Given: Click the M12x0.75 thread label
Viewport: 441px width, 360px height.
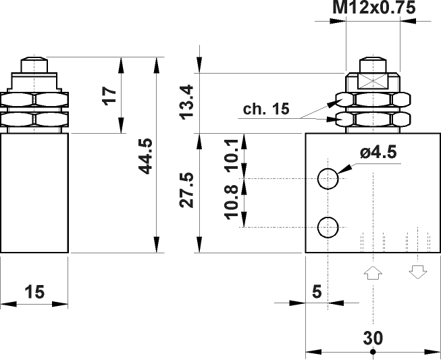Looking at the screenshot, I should tap(373, 7).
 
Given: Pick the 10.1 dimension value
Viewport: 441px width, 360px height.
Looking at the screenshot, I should tap(230, 155).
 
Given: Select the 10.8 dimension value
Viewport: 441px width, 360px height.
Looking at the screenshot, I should tap(230, 202).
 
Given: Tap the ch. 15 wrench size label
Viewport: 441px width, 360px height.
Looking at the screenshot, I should tap(266, 109).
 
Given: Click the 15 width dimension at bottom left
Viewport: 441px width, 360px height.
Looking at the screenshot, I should tap(34, 292).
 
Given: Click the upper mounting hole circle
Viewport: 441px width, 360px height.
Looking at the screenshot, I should tap(328, 178).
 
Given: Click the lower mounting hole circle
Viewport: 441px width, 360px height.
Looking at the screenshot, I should tap(328, 227).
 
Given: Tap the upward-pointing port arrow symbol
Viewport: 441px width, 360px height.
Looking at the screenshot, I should tap(373, 272).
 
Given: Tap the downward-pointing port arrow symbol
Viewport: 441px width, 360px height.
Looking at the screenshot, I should tap(417, 272).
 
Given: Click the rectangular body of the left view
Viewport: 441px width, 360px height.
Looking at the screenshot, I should tap(34, 192).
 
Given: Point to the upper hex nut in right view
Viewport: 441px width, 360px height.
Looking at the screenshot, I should tap(373, 100).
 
